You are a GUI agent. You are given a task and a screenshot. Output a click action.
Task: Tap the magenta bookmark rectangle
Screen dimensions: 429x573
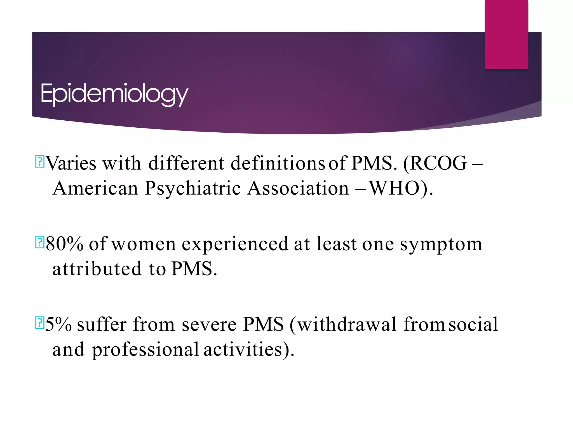pyautogui.click(x=506, y=34)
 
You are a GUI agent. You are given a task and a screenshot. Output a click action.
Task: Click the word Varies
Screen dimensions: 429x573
pyautogui.click(x=71, y=163)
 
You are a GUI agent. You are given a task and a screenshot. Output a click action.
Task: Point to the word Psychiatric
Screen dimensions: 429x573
pyautogui.click(x=193, y=189)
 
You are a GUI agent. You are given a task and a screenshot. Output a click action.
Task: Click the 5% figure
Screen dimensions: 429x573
pyautogui.click(x=58, y=324)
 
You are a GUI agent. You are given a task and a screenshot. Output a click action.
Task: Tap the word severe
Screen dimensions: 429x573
pyautogui.click(x=209, y=325)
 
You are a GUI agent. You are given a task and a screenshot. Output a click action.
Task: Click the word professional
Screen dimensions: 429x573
pyautogui.click(x=145, y=350)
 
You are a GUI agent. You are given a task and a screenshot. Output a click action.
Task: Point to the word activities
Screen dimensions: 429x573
pyautogui.click(x=243, y=349)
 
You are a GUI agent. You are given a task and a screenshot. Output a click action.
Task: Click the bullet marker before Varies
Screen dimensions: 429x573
pyautogui.click(x=40, y=162)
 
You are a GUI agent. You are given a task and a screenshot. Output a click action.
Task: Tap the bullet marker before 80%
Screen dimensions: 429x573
pyautogui.click(x=40, y=242)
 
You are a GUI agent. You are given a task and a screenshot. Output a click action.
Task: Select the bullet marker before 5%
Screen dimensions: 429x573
pyautogui.click(x=40, y=323)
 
